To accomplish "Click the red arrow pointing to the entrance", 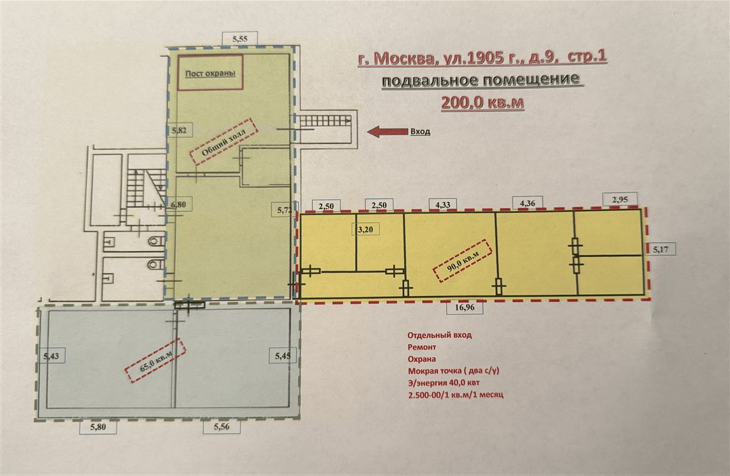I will tap(388, 131).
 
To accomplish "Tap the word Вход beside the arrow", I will tap(420, 131).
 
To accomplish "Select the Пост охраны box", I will tap(210, 72).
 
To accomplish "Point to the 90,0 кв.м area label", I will tap(461, 260).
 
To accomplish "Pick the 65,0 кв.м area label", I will tap(155, 362).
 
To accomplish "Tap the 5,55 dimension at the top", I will tap(240, 40).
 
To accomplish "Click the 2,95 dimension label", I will tap(620, 198).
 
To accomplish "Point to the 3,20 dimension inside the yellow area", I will tap(365, 230).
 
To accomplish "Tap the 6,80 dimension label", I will tap(179, 206).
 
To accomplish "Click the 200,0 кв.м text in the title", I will tap(482, 102).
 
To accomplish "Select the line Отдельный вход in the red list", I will tap(439, 335).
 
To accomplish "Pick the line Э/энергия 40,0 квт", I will tap(447, 383).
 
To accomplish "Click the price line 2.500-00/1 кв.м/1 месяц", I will tap(456, 395).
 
